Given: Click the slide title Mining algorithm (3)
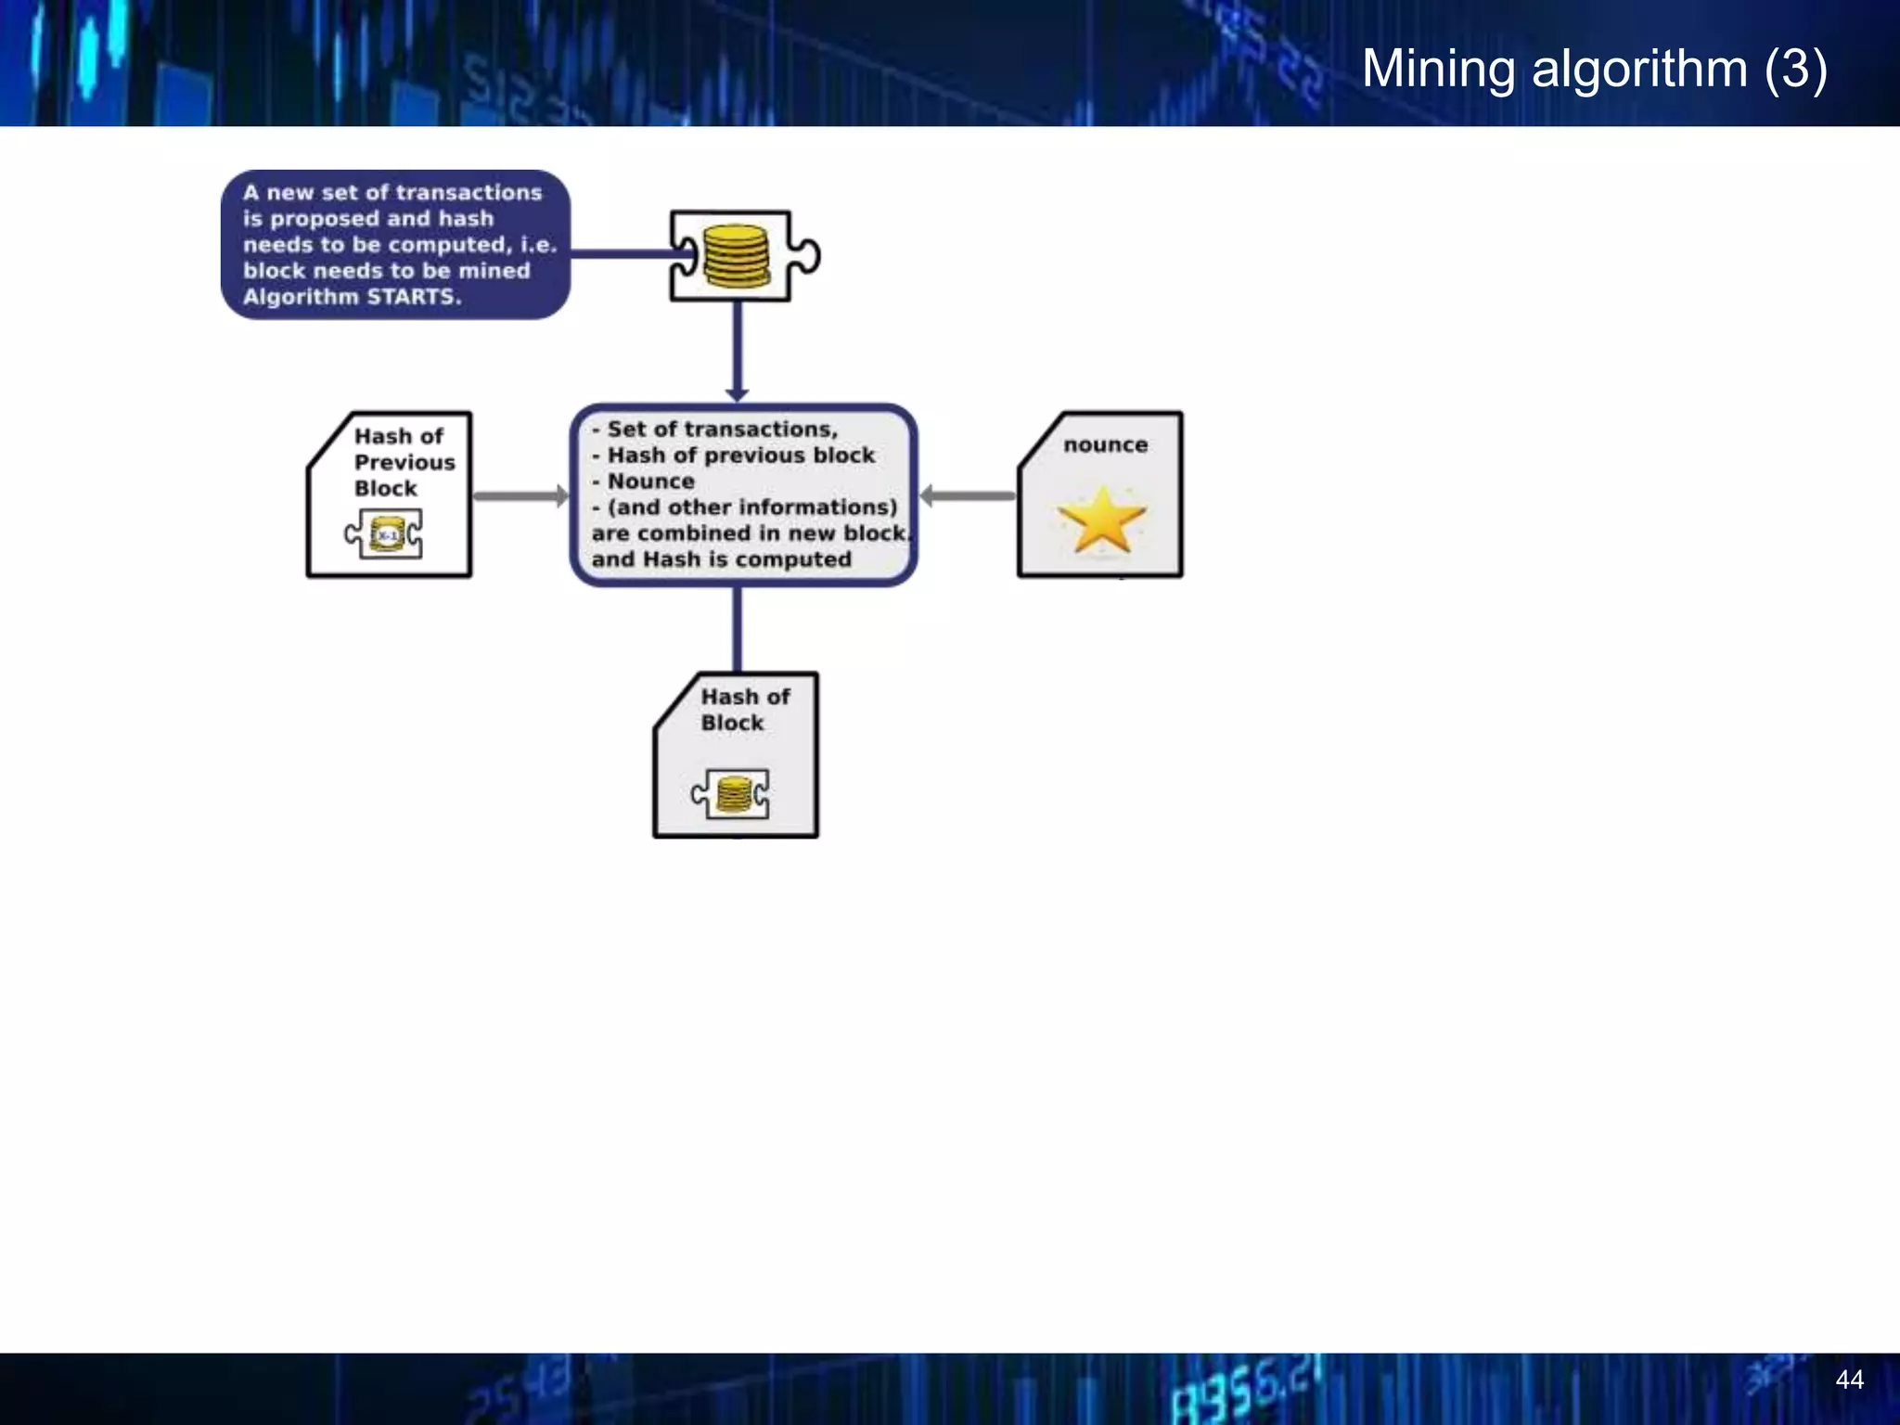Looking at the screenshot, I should pyautogui.click(x=1594, y=69).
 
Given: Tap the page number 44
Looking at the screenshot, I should pyautogui.click(x=1849, y=1380).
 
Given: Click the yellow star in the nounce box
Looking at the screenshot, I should pyautogui.click(x=1102, y=520).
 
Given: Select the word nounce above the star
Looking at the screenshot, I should pyautogui.click(x=1105, y=445).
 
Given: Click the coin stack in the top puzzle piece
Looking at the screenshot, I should pyautogui.click(x=736, y=256).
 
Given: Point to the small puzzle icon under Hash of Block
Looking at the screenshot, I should pyautogui.click(x=731, y=794).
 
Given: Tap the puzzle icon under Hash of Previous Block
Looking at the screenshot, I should pyautogui.click(x=384, y=534).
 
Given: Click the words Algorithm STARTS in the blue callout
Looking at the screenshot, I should pyautogui.click(x=352, y=297).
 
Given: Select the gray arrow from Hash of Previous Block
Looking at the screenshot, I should pyautogui.click(x=520, y=496).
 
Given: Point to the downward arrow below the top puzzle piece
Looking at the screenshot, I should pyautogui.click(x=738, y=353).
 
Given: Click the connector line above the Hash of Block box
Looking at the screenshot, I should pyautogui.click(x=738, y=629).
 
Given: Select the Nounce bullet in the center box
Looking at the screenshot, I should pyautogui.click(x=649, y=481).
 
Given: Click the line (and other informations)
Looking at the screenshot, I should pyautogui.click(x=751, y=507).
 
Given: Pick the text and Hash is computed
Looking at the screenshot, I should pyautogui.click(x=722, y=559).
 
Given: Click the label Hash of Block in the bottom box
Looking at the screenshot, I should pyautogui.click(x=744, y=710).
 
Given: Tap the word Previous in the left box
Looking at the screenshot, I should pyautogui.click(x=404, y=462).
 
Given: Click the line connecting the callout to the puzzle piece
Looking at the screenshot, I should pyautogui.click(x=620, y=253).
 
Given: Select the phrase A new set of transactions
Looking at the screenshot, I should pyautogui.click(x=392, y=193).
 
